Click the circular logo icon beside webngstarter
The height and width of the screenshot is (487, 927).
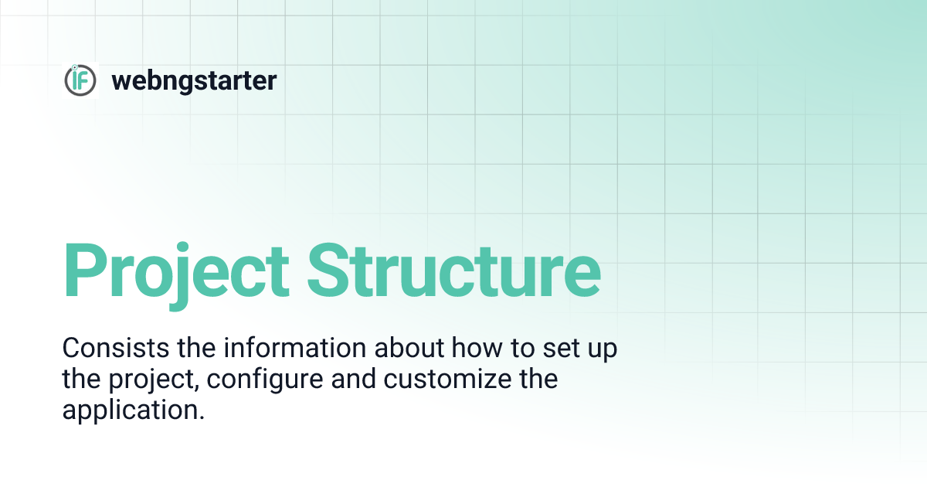click(80, 80)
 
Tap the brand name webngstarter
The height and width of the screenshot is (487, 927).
click(194, 80)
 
